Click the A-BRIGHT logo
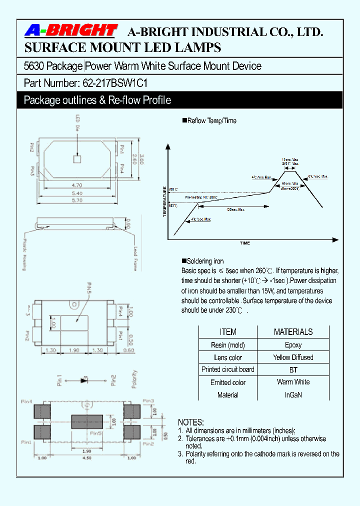[x=70, y=31]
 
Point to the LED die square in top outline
[x=77, y=159]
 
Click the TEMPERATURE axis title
[x=164, y=201]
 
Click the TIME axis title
[x=244, y=243]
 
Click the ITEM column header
[x=228, y=332]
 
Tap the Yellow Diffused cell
[x=293, y=357]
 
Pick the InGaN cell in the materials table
[x=293, y=395]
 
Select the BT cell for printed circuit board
[x=293, y=370]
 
